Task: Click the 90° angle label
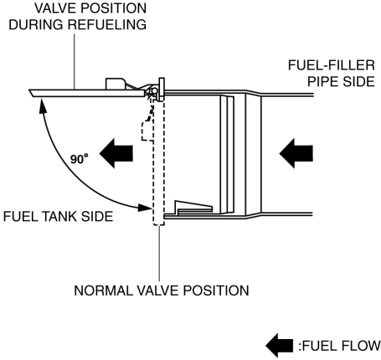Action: [x=80, y=159]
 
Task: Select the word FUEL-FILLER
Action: [x=332, y=65]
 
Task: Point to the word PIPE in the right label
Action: [x=323, y=81]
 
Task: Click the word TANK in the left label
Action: [x=59, y=216]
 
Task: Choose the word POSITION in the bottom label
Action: [x=216, y=291]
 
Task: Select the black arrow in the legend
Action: [x=280, y=346]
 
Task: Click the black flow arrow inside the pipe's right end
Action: [x=296, y=153]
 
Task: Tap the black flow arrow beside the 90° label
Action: [x=116, y=153]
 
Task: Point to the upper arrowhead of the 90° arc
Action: [x=42, y=105]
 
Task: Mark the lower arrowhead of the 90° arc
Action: [x=145, y=208]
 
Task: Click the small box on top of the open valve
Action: [x=115, y=84]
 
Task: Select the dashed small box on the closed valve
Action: [x=147, y=131]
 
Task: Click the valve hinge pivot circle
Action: [x=154, y=91]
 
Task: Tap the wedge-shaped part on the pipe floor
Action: [x=193, y=207]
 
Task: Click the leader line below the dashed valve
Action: [x=159, y=253]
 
